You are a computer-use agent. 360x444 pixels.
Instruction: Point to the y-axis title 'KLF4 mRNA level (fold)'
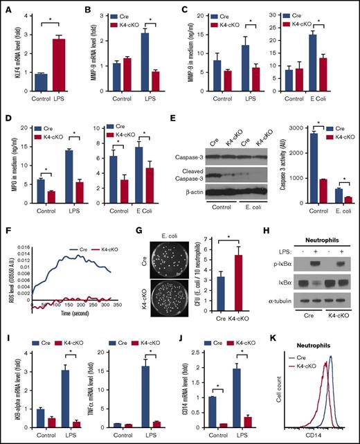pyautogui.click(x=7, y=42)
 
